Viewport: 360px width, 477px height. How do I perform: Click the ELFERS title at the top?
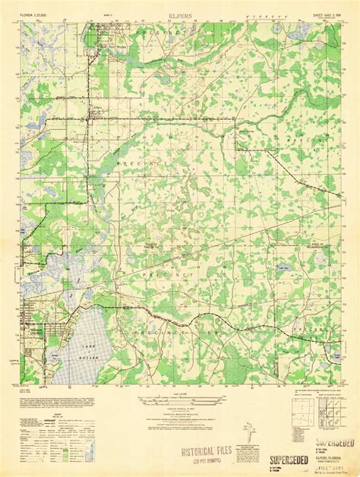[180, 14]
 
